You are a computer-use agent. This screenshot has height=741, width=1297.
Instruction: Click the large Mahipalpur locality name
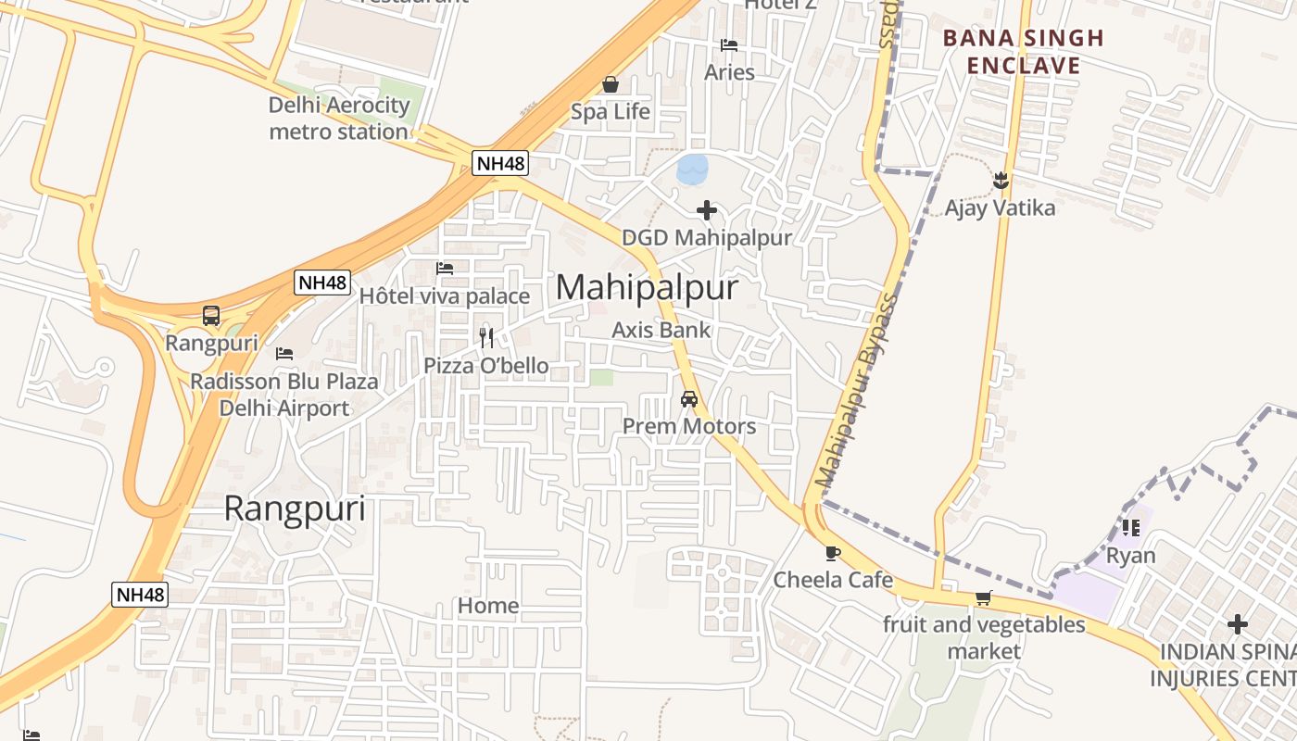click(648, 287)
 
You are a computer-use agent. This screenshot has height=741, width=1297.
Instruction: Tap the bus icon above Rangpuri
click(211, 316)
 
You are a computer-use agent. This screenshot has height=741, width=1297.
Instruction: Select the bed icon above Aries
click(729, 45)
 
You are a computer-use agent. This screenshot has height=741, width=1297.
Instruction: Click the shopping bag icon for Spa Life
click(611, 85)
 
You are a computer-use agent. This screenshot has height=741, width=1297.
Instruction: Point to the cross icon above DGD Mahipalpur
click(707, 210)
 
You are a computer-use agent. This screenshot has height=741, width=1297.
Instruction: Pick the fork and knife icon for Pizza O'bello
click(486, 338)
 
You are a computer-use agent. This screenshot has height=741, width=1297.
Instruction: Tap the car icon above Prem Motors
click(689, 399)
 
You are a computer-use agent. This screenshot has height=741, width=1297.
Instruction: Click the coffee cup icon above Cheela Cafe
click(833, 553)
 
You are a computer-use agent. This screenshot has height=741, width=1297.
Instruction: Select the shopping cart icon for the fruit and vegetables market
click(983, 597)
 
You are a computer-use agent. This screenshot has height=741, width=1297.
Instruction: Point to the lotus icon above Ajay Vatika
click(1000, 180)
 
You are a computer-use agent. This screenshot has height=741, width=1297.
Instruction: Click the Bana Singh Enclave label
click(1024, 52)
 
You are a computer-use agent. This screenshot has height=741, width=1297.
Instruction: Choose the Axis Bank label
click(661, 330)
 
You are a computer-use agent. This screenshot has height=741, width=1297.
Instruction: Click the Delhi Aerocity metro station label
click(338, 119)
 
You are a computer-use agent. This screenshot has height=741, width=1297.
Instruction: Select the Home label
click(488, 606)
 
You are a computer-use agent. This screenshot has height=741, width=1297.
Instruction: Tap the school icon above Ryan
click(1130, 528)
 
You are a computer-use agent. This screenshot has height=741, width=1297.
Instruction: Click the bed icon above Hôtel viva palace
click(445, 269)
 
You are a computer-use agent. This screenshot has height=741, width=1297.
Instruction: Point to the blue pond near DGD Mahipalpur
click(692, 170)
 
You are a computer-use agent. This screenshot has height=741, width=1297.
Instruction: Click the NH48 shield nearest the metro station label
click(500, 164)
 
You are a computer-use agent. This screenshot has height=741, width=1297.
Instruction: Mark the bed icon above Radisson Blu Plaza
click(284, 354)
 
